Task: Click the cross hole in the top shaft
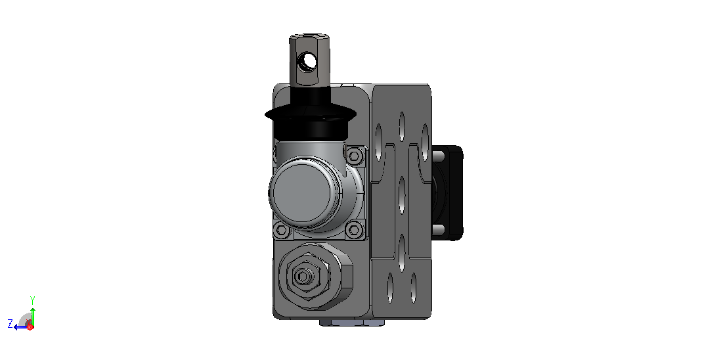tap(307, 61)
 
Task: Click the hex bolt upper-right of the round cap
tap(354, 156)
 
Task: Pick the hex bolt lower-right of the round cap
tap(354, 229)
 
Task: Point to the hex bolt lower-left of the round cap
tap(281, 230)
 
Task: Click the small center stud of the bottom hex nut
tap(302, 277)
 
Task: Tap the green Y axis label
tap(32, 300)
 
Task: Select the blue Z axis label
tap(10, 323)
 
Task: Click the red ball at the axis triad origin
tap(30, 326)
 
